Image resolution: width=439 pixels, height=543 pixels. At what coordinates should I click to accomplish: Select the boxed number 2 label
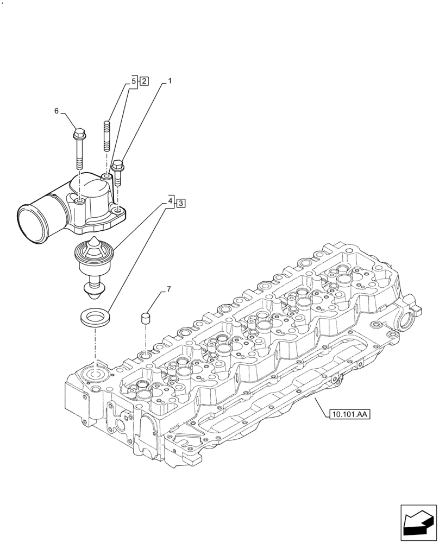tap(144, 81)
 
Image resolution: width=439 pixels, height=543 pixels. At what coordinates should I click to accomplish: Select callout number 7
tap(168, 289)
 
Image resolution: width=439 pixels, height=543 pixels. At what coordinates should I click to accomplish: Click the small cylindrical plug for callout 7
tap(146, 318)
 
